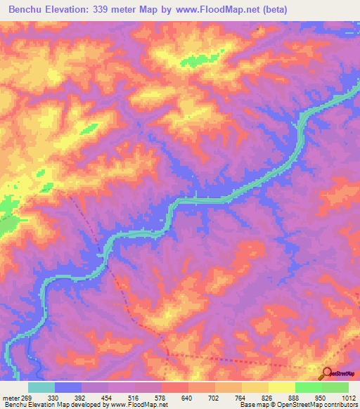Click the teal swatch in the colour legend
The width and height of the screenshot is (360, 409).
41,387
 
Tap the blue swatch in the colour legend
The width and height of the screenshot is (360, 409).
68,387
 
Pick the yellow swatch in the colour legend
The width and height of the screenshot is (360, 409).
255,387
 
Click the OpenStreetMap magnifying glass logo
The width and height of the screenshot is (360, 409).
326,375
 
